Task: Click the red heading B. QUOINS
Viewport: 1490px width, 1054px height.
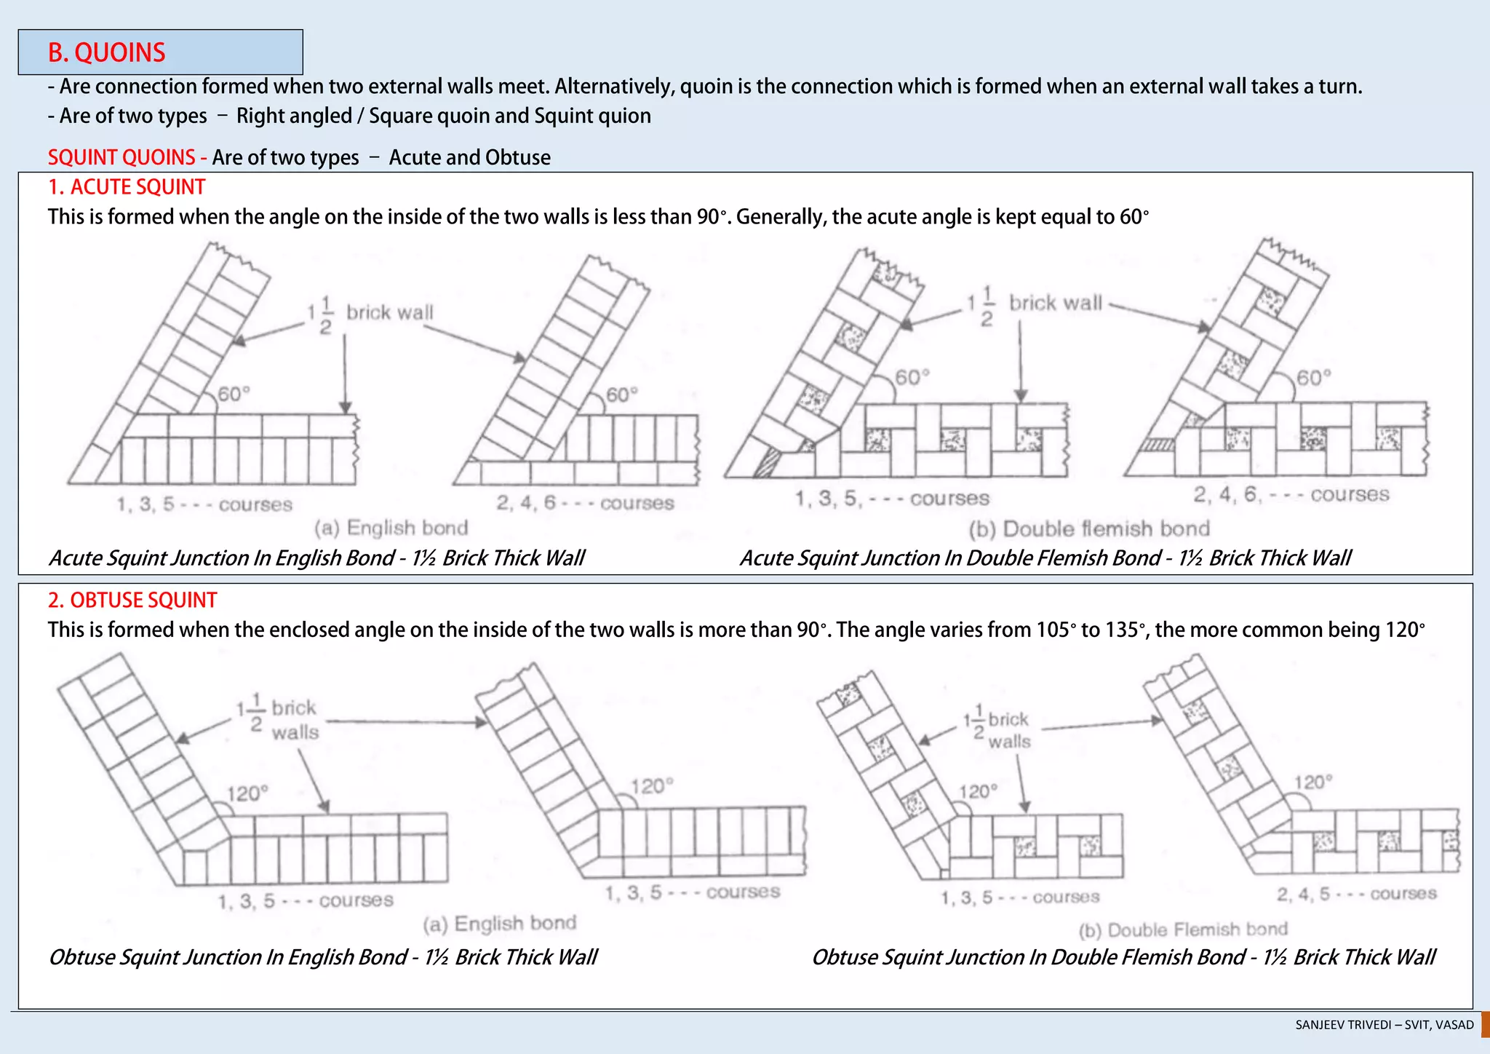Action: click(107, 52)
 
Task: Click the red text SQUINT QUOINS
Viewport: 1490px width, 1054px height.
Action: click(121, 157)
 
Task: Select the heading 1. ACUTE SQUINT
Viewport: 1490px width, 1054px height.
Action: click(127, 187)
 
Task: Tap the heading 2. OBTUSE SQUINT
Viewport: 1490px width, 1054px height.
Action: click(132, 600)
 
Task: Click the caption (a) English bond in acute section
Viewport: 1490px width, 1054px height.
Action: click(391, 528)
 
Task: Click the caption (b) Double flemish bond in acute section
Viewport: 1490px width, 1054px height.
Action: click(1088, 528)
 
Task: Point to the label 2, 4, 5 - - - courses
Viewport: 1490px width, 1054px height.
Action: click(1356, 893)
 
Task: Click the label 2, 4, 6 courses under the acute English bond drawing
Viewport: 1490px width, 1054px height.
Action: click(585, 503)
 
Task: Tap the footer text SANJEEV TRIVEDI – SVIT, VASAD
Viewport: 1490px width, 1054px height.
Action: click(1384, 1025)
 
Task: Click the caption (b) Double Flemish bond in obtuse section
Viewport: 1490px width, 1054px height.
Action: click(1183, 930)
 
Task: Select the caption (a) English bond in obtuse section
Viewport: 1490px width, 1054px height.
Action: click(500, 923)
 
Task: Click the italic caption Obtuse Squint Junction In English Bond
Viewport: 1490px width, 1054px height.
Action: click(322, 956)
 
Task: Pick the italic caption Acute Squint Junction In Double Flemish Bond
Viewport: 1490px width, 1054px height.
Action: click(1045, 558)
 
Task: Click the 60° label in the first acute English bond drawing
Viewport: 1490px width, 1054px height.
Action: click(234, 394)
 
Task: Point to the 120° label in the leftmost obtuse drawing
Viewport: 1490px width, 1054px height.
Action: click(247, 793)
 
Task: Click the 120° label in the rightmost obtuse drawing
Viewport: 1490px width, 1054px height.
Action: click(1313, 782)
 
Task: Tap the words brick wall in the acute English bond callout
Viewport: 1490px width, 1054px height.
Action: click(389, 312)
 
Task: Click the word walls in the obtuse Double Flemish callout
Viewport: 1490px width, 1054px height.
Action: click(1009, 742)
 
